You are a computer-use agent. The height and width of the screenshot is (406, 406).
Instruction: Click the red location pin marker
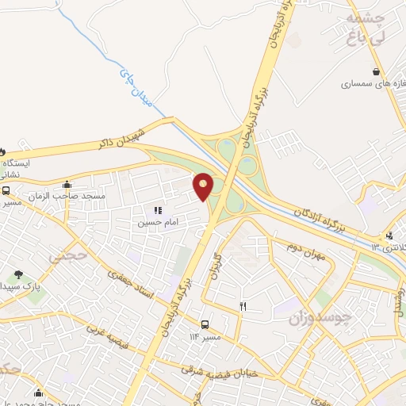[x=204, y=186]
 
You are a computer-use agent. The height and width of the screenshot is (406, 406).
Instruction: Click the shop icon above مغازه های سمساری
[x=374, y=71]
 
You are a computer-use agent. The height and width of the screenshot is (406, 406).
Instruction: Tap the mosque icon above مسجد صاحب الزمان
[x=67, y=185]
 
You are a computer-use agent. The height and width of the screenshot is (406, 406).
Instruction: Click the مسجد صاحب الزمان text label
[x=66, y=196]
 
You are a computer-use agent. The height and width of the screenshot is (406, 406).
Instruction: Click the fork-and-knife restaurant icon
[x=243, y=306]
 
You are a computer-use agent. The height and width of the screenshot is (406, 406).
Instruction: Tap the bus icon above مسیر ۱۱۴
[x=205, y=324]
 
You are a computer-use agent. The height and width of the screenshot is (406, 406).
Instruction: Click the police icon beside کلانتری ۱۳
[x=389, y=236]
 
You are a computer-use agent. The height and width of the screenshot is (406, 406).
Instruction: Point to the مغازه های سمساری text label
[x=369, y=83]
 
